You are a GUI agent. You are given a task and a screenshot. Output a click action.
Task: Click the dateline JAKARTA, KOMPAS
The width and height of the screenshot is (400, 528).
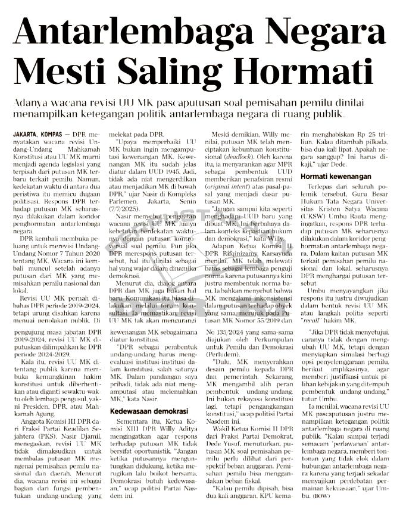coord(37,136)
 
